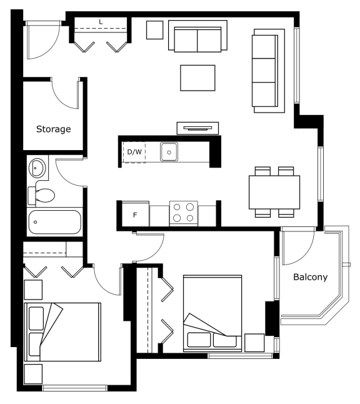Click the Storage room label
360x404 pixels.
(x=54, y=129)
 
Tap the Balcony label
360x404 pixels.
(x=310, y=277)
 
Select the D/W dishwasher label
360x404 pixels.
(x=134, y=152)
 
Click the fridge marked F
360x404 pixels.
(x=135, y=215)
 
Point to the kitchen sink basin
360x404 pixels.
(x=169, y=152)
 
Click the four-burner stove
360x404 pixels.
(x=183, y=213)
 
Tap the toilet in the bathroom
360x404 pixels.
(x=41, y=195)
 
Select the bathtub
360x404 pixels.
(x=54, y=222)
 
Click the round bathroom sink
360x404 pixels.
(x=37, y=168)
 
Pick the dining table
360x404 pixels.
(x=274, y=192)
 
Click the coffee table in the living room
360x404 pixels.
(x=197, y=78)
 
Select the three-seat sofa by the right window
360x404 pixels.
(x=268, y=71)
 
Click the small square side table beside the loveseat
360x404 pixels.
(x=155, y=30)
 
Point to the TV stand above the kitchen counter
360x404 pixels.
(x=197, y=128)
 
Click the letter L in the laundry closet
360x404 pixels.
(x=101, y=22)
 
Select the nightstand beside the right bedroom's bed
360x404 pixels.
(x=254, y=343)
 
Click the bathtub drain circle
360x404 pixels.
(x=35, y=222)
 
